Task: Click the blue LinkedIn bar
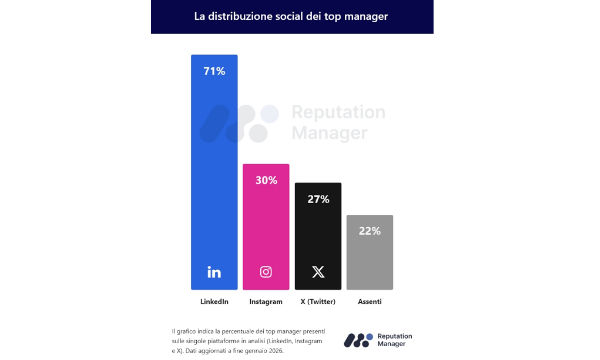[214, 170]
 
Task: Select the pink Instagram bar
[266, 225]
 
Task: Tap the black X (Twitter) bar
[318, 235]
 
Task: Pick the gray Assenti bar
[370, 255]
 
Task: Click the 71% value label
[214, 72]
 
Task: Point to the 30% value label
[266, 181]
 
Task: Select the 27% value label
[318, 199]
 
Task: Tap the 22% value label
[370, 231]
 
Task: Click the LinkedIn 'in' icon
[214, 271]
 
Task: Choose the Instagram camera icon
[266, 271]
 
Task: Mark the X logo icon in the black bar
[318, 271]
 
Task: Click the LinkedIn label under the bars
[214, 301]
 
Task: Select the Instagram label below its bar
[266, 301]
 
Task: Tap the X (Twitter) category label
[318, 301]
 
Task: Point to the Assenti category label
[370, 301]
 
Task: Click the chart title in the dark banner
[291, 17]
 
